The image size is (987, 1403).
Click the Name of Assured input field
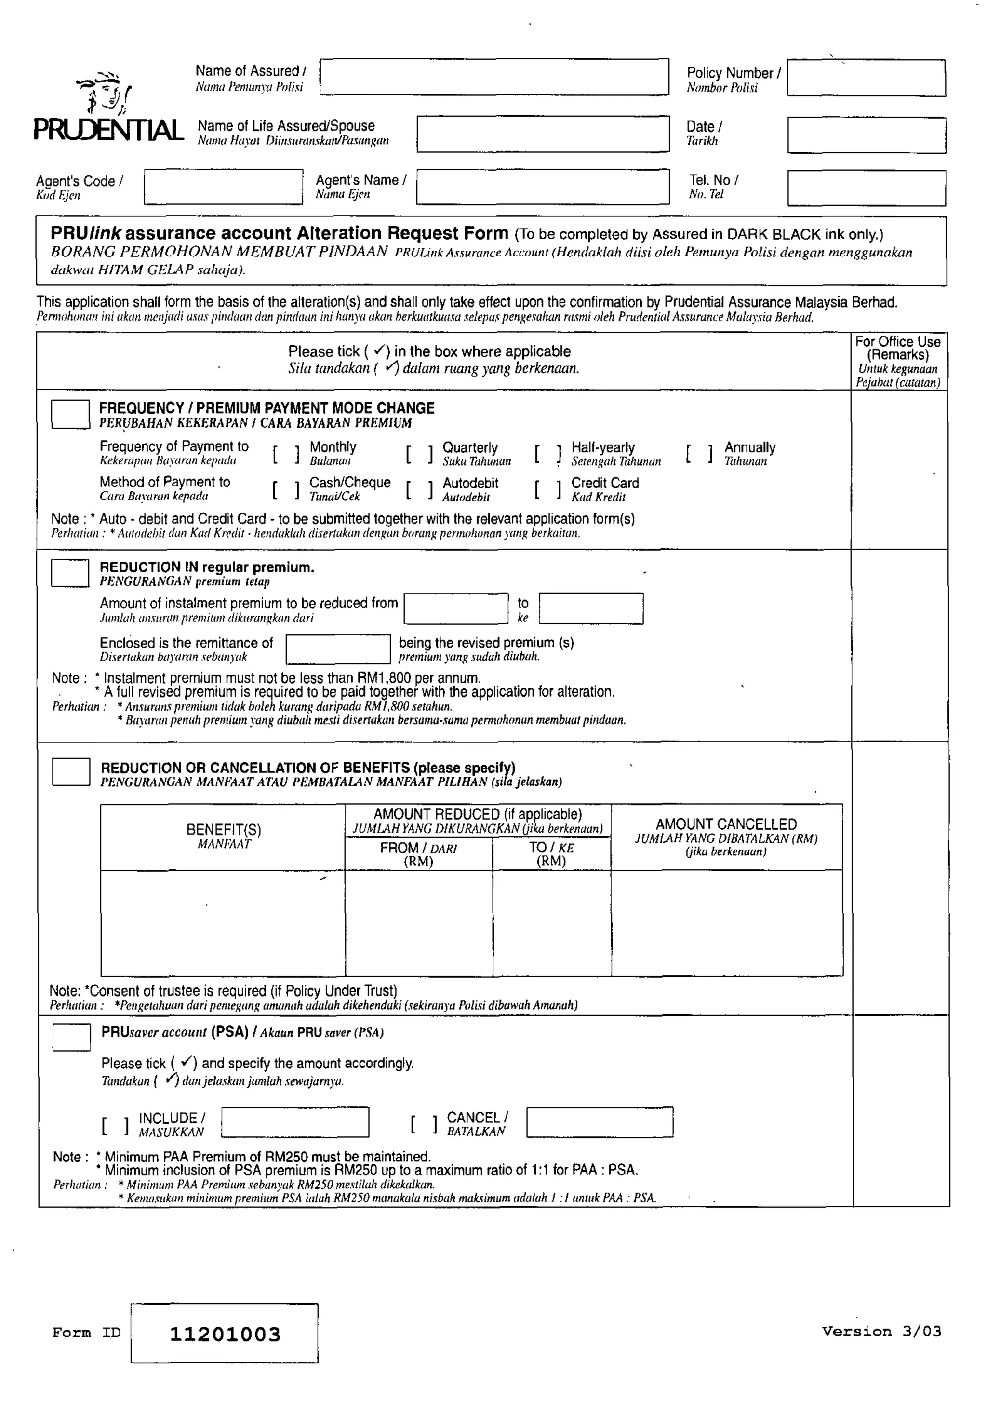tap(494, 77)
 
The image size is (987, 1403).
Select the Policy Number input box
tap(866, 78)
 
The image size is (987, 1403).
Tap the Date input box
tap(866, 135)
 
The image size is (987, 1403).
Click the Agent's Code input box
tap(223, 187)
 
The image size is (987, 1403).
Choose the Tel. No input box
tap(866, 188)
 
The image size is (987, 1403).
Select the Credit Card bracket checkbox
tap(548, 489)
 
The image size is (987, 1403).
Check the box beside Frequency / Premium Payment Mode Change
tap(70, 414)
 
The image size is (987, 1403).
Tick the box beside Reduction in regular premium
tap(70, 573)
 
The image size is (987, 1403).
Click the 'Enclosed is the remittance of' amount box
tap(338, 649)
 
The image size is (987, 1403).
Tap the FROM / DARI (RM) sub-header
tap(418, 854)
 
